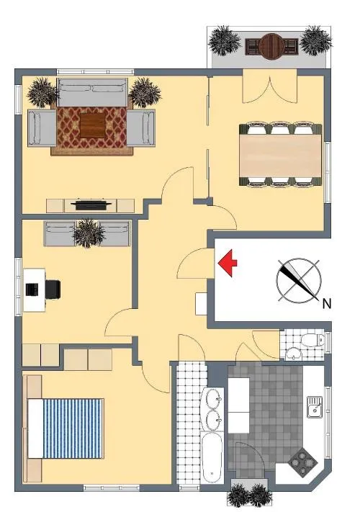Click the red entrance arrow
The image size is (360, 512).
(228, 263)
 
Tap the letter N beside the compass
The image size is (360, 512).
(327, 304)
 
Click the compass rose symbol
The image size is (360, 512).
(298, 280)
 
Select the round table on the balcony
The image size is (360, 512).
(271, 46)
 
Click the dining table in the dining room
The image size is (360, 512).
(282, 156)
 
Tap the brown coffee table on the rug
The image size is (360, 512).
(93, 125)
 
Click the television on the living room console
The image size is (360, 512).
(91, 205)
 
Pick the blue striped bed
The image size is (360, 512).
(66, 428)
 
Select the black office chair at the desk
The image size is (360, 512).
(53, 289)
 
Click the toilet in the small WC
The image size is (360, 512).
(312, 341)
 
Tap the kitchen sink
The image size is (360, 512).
(315, 407)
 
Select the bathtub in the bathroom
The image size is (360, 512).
(212, 457)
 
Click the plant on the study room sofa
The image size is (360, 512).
(89, 233)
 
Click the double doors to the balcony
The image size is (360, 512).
(270, 86)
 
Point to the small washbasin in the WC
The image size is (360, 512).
(294, 354)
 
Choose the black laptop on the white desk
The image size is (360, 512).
(32, 289)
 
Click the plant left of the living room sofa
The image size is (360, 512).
(42, 92)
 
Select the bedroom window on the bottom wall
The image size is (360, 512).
(112, 488)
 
